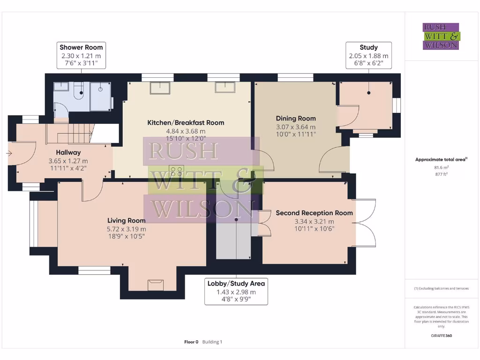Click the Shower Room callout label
pyautogui.click(x=81, y=56)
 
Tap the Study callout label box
pyautogui.click(x=368, y=56)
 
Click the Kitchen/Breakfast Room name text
pyautogui.click(x=186, y=123)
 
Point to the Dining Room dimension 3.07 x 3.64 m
pyautogui.click(x=295, y=127)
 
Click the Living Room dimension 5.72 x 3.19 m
pyautogui.click(x=126, y=229)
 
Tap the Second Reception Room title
pyautogui.click(x=314, y=213)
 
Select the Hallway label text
pyautogui.click(x=68, y=152)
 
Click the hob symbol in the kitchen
pyautogui.click(x=177, y=171)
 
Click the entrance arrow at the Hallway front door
pyautogui.click(x=9, y=153)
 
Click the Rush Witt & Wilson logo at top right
pyautogui.click(x=441, y=36)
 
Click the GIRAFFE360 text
pyautogui.click(x=441, y=336)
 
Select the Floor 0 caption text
pyautogui.click(x=191, y=342)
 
